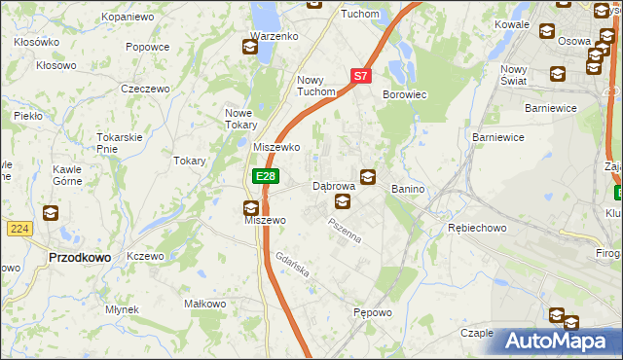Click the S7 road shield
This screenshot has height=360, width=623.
point(360,75)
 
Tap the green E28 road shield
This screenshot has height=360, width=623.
point(265,176)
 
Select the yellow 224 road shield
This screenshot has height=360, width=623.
point(18,228)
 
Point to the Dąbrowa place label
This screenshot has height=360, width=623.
point(332,185)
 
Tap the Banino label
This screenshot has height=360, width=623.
point(409,187)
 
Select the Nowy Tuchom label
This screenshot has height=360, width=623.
point(315,86)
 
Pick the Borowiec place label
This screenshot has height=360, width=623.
point(406,94)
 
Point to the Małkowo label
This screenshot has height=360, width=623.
point(205,304)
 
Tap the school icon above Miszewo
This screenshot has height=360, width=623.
point(251,206)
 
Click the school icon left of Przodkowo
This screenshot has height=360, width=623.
point(50,213)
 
